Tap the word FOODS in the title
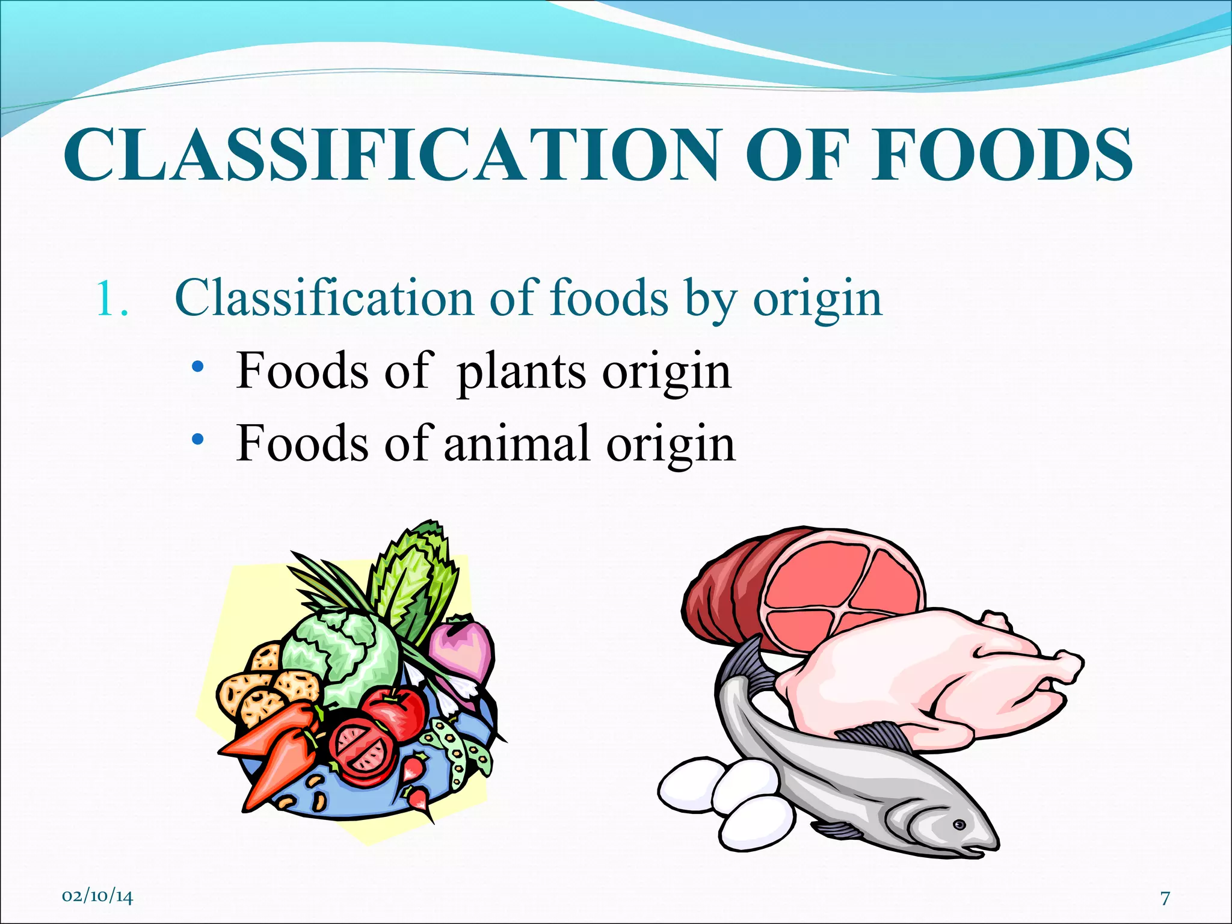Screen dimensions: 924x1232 click(1002, 155)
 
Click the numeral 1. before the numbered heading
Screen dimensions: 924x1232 click(112, 299)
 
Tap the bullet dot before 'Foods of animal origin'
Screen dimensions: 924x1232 click(197, 440)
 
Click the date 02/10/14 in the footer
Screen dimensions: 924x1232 click(97, 896)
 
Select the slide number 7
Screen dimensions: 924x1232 click(1165, 898)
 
